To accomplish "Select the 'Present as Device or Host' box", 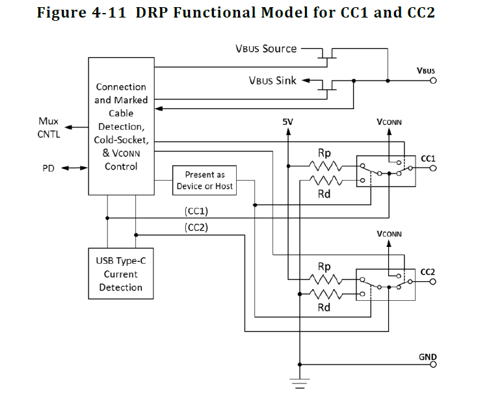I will (x=204, y=181).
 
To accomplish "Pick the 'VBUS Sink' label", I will (x=272, y=81).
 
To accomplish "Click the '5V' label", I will (x=288, y=122).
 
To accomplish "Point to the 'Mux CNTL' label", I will (x=49, y=128).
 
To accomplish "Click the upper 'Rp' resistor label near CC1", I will (x=324, y=153).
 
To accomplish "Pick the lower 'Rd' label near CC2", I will (x=324, y=307).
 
